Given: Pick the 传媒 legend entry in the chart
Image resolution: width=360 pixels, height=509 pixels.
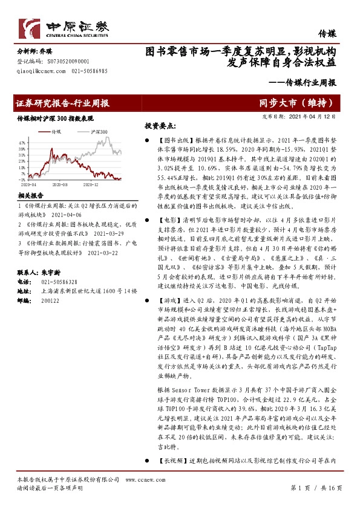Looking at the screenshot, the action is [x=57, y=131].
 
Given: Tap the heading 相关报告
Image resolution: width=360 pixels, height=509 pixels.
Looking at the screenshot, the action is [x=30, y=196].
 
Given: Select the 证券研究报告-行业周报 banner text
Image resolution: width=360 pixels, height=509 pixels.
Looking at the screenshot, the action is [x=61, y=103].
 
